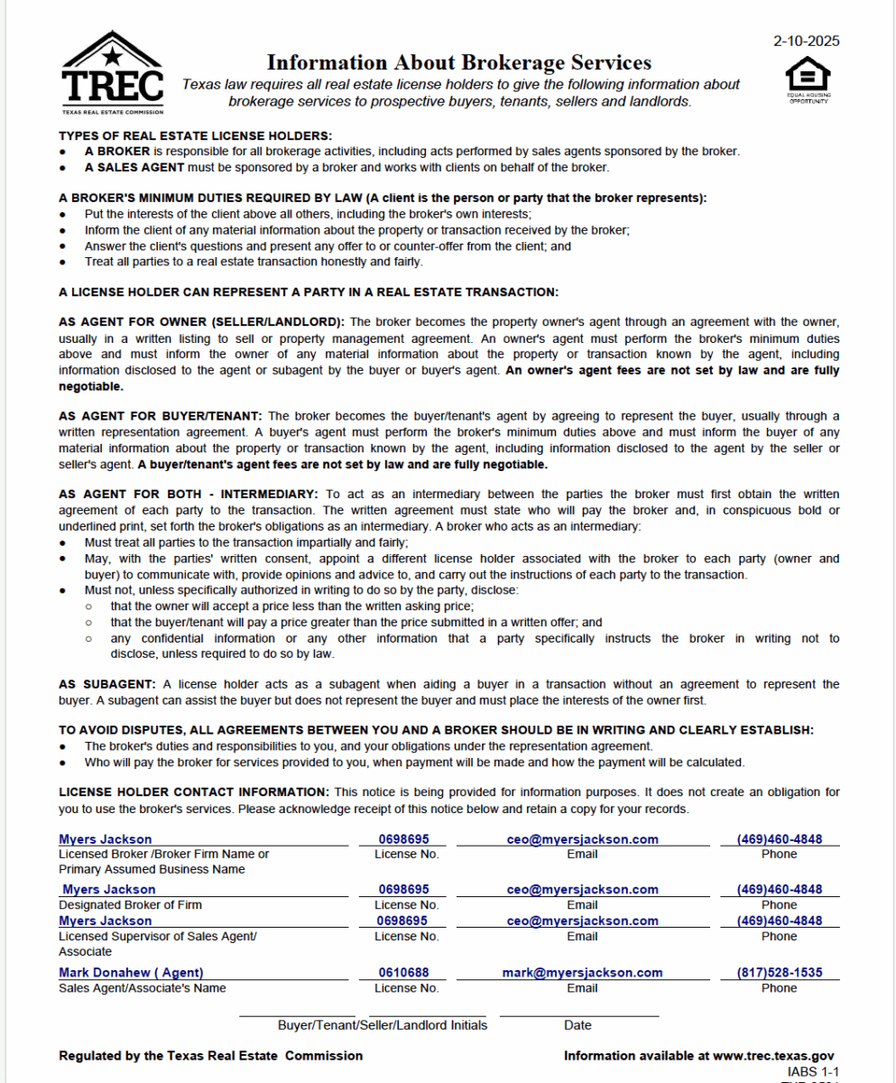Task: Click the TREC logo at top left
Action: (113, 74)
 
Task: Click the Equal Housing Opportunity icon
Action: (808, 80)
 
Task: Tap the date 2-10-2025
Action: (806, 41)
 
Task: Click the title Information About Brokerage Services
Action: (458, 62)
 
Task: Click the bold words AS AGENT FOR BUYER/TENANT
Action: (161, 416)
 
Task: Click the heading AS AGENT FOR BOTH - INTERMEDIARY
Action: (189, 495)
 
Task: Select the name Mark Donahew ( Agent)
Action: (131, 973)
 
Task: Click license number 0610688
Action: (403, 973)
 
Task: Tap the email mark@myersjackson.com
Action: (582, 973)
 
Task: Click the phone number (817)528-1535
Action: (779, 973)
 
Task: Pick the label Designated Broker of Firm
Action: (130, 904)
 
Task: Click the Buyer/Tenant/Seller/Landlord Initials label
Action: (382, 1025)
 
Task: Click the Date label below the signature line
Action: (577, 1025)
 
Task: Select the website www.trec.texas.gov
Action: (772, 1055)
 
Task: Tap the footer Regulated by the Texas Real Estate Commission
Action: (210, 1055)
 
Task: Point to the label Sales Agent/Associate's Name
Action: (142, 988)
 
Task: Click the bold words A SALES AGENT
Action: (134, 167)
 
